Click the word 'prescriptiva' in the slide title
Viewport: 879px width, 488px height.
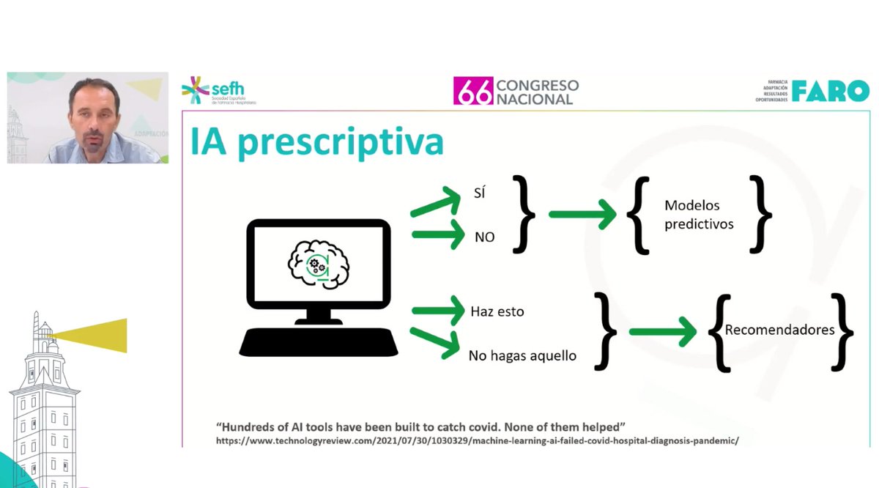pos(341,143)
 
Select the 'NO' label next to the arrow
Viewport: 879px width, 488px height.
pos(484,237)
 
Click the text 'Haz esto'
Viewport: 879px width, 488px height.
pos(497,311)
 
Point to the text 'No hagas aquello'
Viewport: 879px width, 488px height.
pos(522,355)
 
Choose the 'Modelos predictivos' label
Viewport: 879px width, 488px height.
pos(699,215)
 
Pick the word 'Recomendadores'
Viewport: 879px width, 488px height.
pos(779,330)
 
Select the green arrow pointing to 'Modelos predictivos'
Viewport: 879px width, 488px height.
pos(582,215)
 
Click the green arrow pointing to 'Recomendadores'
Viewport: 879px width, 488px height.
pos(662,331)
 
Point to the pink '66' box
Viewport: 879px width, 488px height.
pos(472,92)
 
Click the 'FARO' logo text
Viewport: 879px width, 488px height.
pos(830,91)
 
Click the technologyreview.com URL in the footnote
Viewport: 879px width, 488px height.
pos(477,441)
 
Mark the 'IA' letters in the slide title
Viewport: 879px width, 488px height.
pos(209,142)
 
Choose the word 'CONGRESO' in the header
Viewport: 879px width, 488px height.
pos(537,85)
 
